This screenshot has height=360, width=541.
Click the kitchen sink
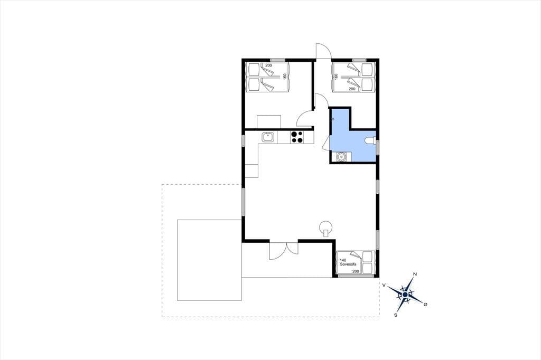click(x=268, y=137)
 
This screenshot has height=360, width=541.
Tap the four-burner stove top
click(x=297, y=137)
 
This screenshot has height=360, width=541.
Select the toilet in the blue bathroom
click(x=370, y=141)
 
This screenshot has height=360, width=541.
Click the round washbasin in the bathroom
click(x=341, y=157)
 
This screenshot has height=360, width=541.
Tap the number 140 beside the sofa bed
click(x=343, y=260)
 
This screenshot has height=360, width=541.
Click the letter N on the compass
click(x=415, y=274)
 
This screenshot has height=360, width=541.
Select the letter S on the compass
click(x=396, y=315)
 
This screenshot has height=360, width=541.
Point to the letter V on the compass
click(x=384, y=285)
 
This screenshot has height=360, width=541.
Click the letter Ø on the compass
click(x=425, y=304)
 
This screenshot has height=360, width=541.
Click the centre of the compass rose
click(x=405, y=295)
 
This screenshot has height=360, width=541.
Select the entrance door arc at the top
click(x=324, y=51)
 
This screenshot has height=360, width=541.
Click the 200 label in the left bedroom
click(x=268, y=65)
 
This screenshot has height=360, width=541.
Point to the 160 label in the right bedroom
click(x=335, y=76)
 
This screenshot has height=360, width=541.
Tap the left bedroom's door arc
click(x=305, y=118)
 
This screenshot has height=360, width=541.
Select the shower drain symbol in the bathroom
click(x=333, y=119)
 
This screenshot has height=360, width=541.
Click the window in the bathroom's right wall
click(x=377, y=147)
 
